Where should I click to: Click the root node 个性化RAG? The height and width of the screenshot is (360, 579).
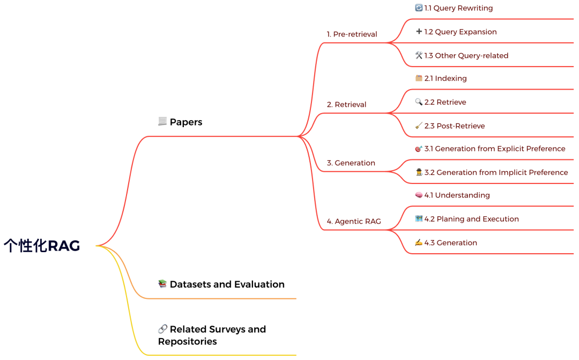click(42, 246)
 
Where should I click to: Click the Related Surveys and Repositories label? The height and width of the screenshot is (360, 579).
click(212, 335)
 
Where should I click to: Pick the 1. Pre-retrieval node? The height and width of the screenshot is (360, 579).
click(352, 34)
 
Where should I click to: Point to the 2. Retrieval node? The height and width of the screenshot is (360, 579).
click(346, 105)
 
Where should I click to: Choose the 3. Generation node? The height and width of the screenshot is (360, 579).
click(351, 163)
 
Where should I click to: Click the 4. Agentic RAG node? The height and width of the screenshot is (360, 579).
click(354, 222)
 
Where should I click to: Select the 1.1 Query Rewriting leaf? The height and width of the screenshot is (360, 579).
click(458, 8)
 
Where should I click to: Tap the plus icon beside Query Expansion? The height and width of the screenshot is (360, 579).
click(419, 32)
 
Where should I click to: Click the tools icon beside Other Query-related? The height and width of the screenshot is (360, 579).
click(419, 55)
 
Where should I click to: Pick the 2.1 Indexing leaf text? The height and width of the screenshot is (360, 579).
click(446, 78)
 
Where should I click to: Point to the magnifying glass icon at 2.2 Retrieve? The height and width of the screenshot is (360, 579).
click(419, 102)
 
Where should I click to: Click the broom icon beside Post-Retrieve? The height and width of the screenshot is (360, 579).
click(419, 126)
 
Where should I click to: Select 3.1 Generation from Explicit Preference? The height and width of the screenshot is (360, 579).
click(494, 149)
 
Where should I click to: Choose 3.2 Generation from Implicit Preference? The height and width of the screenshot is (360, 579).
click(496, 172)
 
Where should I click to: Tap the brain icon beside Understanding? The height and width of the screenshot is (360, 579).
click(419, 195)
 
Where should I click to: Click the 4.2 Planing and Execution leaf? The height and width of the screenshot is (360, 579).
click(471, 219)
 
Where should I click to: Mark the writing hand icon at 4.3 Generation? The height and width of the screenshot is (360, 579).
click(419, 243)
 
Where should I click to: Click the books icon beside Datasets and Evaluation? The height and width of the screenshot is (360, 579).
click(162, 284)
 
